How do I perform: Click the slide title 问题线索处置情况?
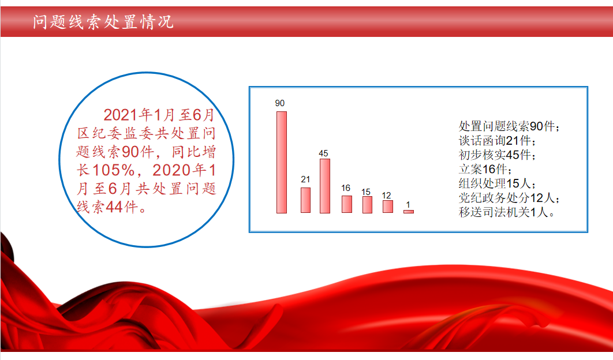pos(103,22)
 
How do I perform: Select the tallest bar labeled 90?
pos(282,162)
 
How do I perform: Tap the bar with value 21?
pos(306,200)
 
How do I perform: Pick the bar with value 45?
pos(325,186)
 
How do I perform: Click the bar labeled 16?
pos(347,204)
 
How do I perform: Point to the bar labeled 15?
pos(367,205)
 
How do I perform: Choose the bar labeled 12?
pos(388,207)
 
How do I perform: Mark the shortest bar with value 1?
pos(409,212)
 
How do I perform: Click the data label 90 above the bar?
pos(280,103)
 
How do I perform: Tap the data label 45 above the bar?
pos(323,153)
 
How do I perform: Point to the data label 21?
pos(305,179)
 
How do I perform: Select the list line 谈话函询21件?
pos(497,140)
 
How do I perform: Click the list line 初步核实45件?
pos(497,155)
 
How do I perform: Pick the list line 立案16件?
pos(485,169)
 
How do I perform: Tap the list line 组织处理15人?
pos(497,183)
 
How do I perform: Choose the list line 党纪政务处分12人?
pos(509,198)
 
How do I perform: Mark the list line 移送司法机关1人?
pos(507,212)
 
